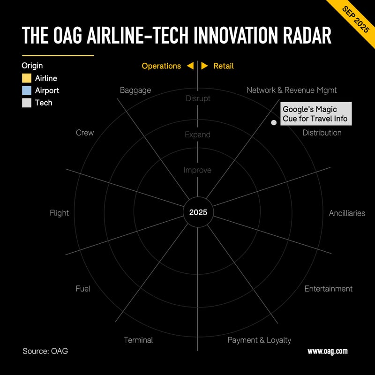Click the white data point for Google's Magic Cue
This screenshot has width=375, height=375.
(274, 123)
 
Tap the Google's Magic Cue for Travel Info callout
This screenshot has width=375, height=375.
(315, 114)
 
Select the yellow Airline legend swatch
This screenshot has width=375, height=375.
(27, 78)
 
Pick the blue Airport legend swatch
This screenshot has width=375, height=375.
(27, 90)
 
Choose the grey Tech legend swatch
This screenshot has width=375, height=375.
(27, 103)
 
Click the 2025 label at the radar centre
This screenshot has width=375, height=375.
(198, 212)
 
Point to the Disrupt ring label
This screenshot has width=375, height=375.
(198, 98)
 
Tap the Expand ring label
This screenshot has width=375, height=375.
(197, 135)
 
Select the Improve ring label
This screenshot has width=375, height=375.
(197, 170)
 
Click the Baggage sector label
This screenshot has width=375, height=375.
(135, 90)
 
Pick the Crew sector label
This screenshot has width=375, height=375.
(85, 133)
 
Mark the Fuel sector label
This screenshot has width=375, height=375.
(83, 289)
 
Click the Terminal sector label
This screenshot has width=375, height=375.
(138, 340)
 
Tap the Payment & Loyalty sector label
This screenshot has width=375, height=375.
(259, 340)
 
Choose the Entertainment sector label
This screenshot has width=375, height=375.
(328, 289)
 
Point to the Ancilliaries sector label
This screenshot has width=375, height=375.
(347, 213)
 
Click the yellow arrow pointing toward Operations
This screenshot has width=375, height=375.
(190, 66)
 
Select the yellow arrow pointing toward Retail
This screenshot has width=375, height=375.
(205, 66)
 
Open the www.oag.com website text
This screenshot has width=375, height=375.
(327, 351)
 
